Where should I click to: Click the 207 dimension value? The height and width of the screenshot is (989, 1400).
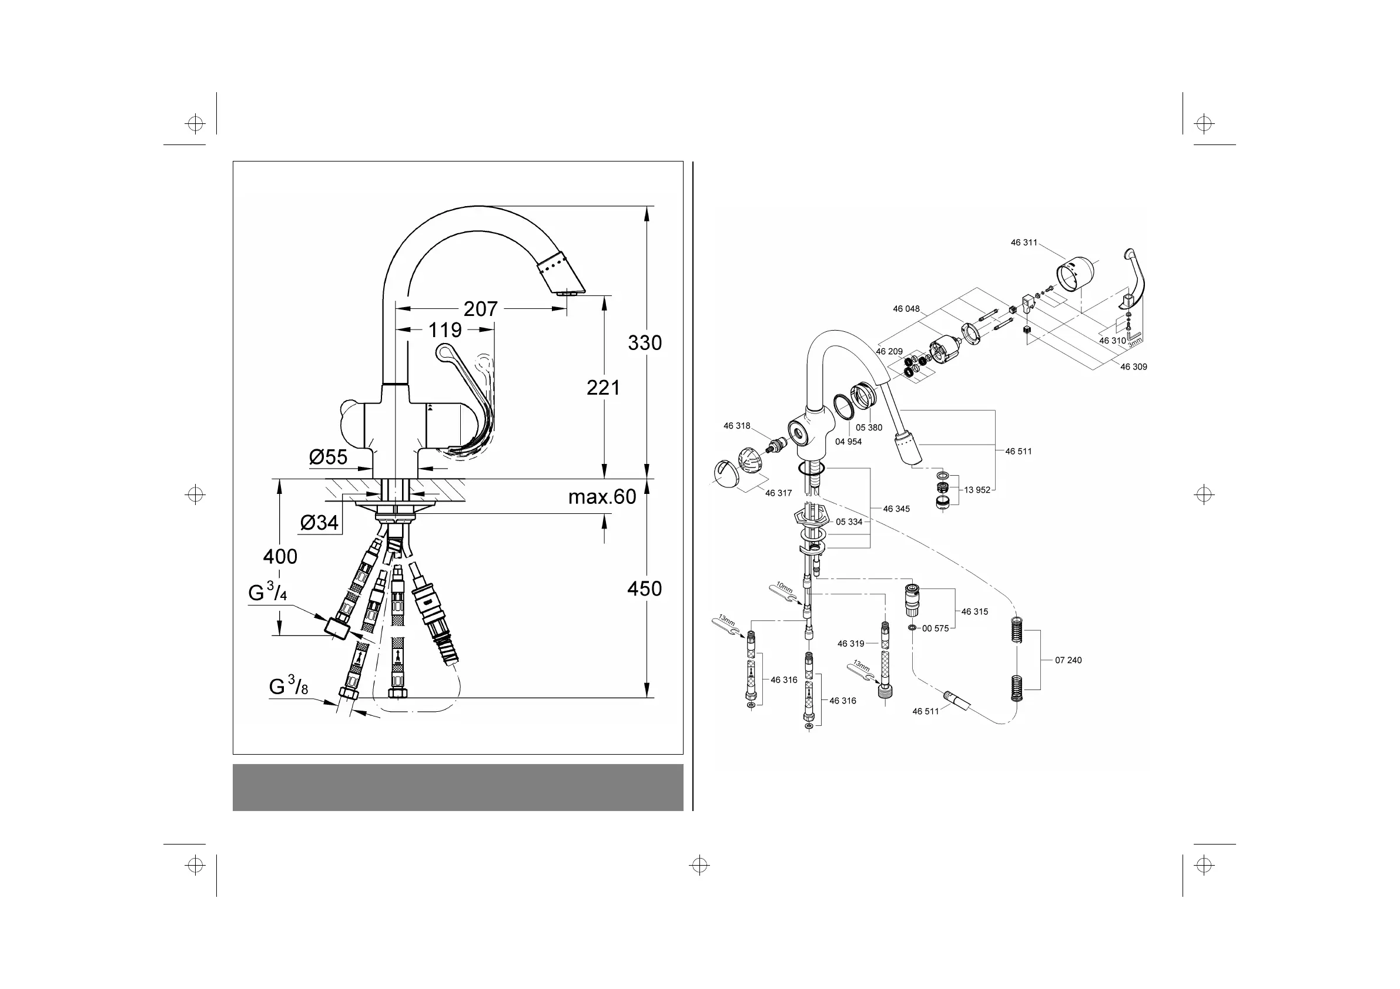click(481, 309)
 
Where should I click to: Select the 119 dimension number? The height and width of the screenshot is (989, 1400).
click(444, 330)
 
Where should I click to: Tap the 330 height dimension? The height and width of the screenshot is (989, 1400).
click(645, 343)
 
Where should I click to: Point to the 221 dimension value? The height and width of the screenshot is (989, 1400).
click(603, 388)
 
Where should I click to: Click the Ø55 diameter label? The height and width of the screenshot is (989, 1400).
click(328, 457)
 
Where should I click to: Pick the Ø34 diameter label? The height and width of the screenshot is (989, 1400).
click(319, 522)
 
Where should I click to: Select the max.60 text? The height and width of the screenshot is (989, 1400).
click(602, 497)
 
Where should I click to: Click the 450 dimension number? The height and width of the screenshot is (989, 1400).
click(645, 588)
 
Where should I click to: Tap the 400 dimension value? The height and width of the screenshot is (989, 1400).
click(280, 556)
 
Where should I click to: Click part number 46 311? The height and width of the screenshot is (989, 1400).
click(1024, 243)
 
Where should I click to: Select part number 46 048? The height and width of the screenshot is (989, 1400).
click(906, 309)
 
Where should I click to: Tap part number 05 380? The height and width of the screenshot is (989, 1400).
click(869, 428)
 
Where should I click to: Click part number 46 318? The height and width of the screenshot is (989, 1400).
click(736, 426)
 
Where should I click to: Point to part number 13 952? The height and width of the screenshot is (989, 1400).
click(977, 490)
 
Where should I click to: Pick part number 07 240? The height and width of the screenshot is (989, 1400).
click(1069, 660)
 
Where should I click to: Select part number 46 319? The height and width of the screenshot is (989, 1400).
click(850, 644)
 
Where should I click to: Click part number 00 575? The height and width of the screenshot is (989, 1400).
click(935, 628)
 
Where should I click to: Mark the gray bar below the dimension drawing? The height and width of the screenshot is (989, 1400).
click(457, 788)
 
